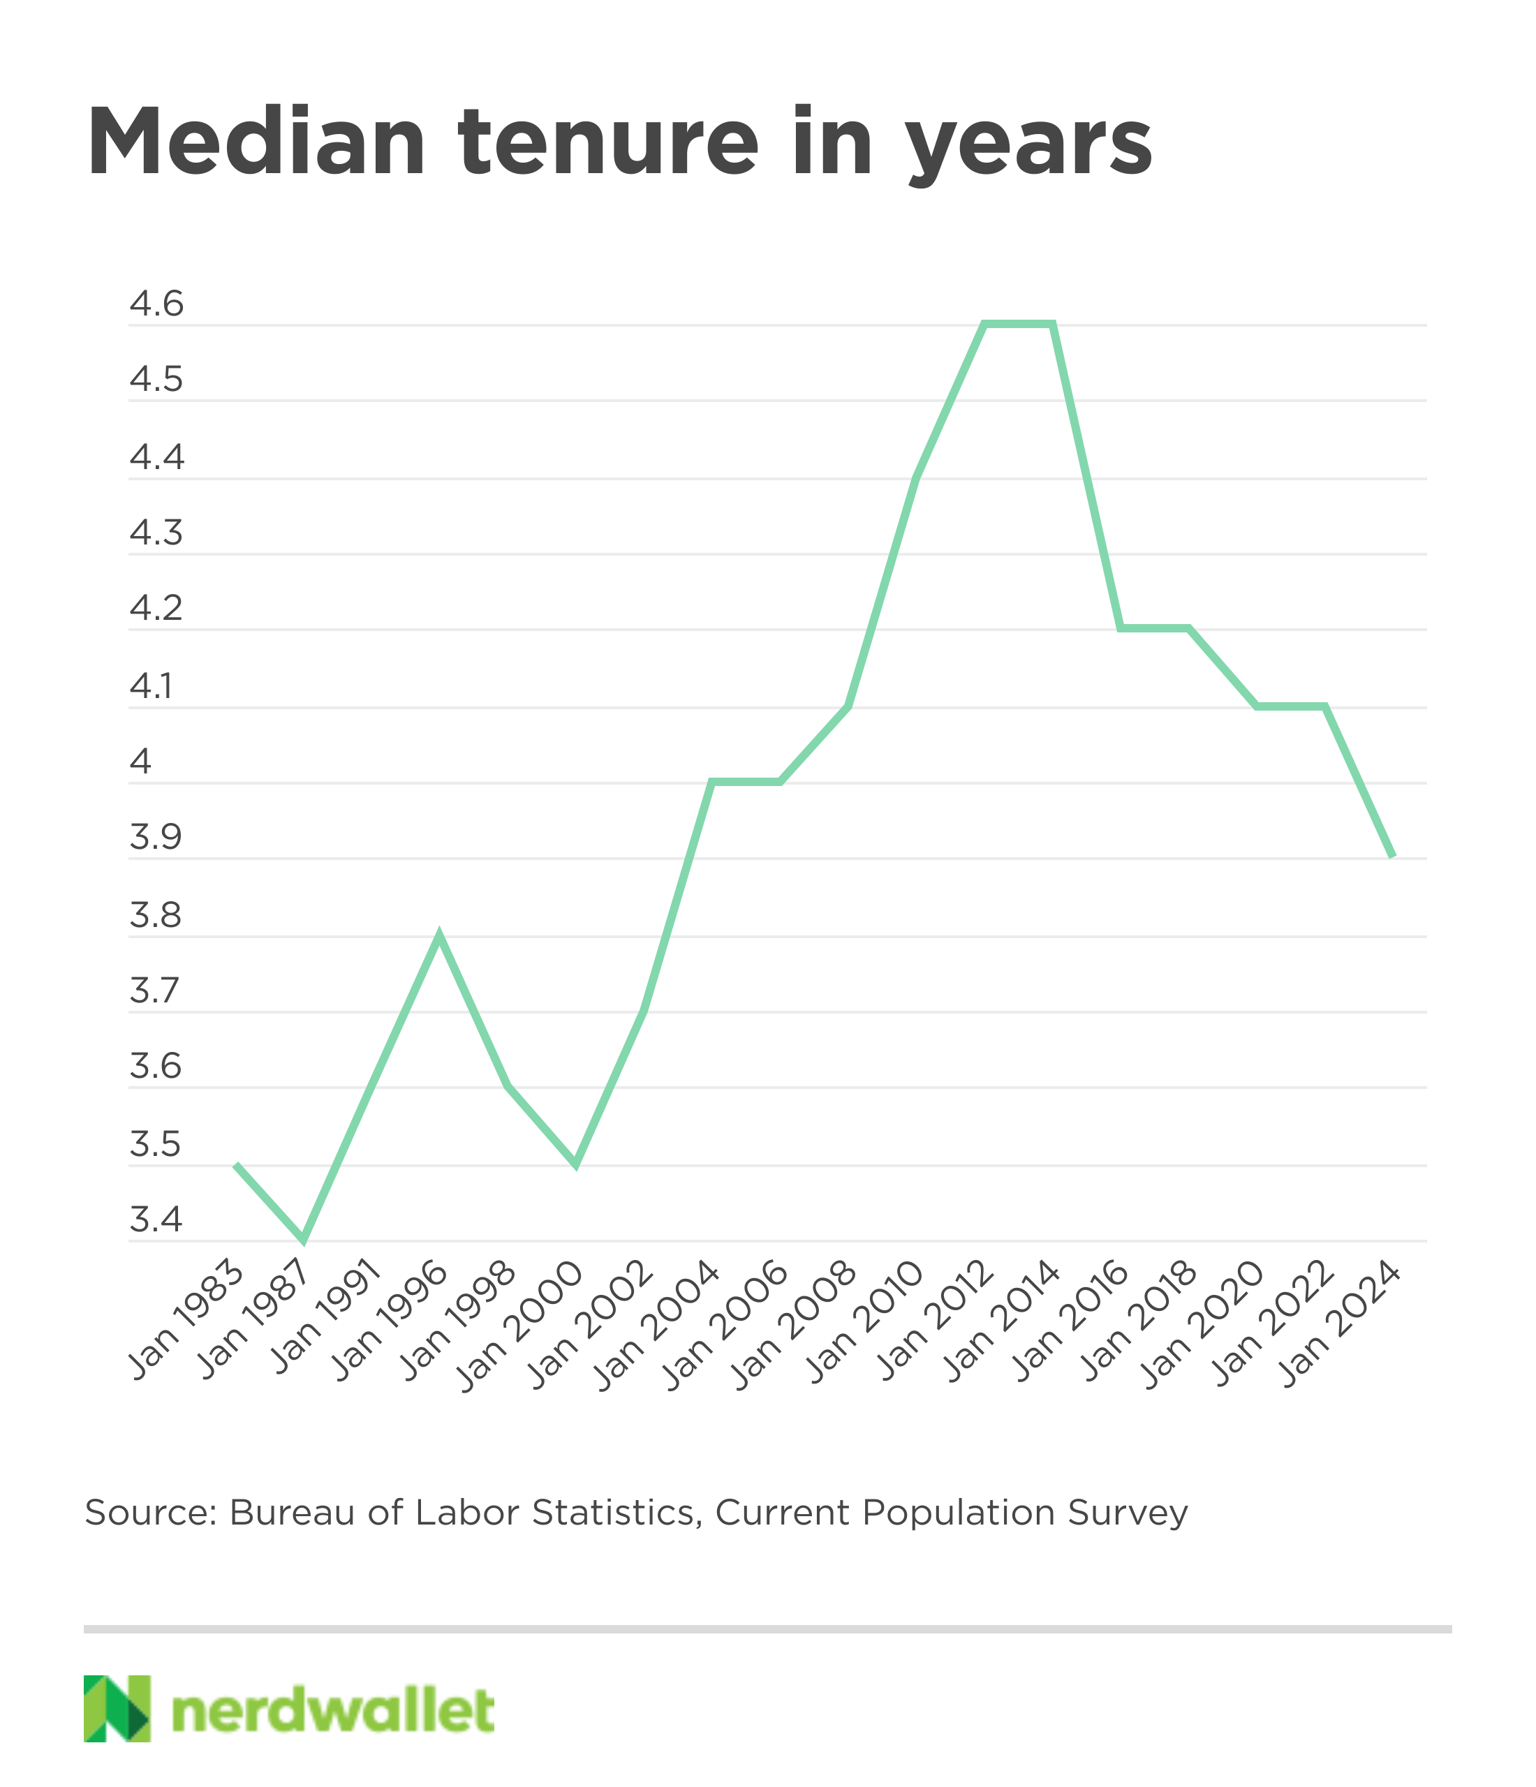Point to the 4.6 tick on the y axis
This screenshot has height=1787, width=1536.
pyautogui.click(x=157, y=304)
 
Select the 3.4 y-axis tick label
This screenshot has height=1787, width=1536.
pyautogui.click(x=157, y=1220)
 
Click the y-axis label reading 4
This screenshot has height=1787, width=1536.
pyautogui.click(x=140, y=762)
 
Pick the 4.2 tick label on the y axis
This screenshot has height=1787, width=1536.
pyautogui.click(x=157, y=609)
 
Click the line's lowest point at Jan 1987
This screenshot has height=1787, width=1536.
pyautogui.click(x=303, y=1240)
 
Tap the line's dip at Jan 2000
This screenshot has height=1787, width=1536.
pyautogui.click(x=576, y=1165)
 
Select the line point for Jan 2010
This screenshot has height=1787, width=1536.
pyautogui.click(x=917, y=477)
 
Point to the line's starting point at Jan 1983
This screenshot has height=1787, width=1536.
pyautogui.click(x=235, y=1165)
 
